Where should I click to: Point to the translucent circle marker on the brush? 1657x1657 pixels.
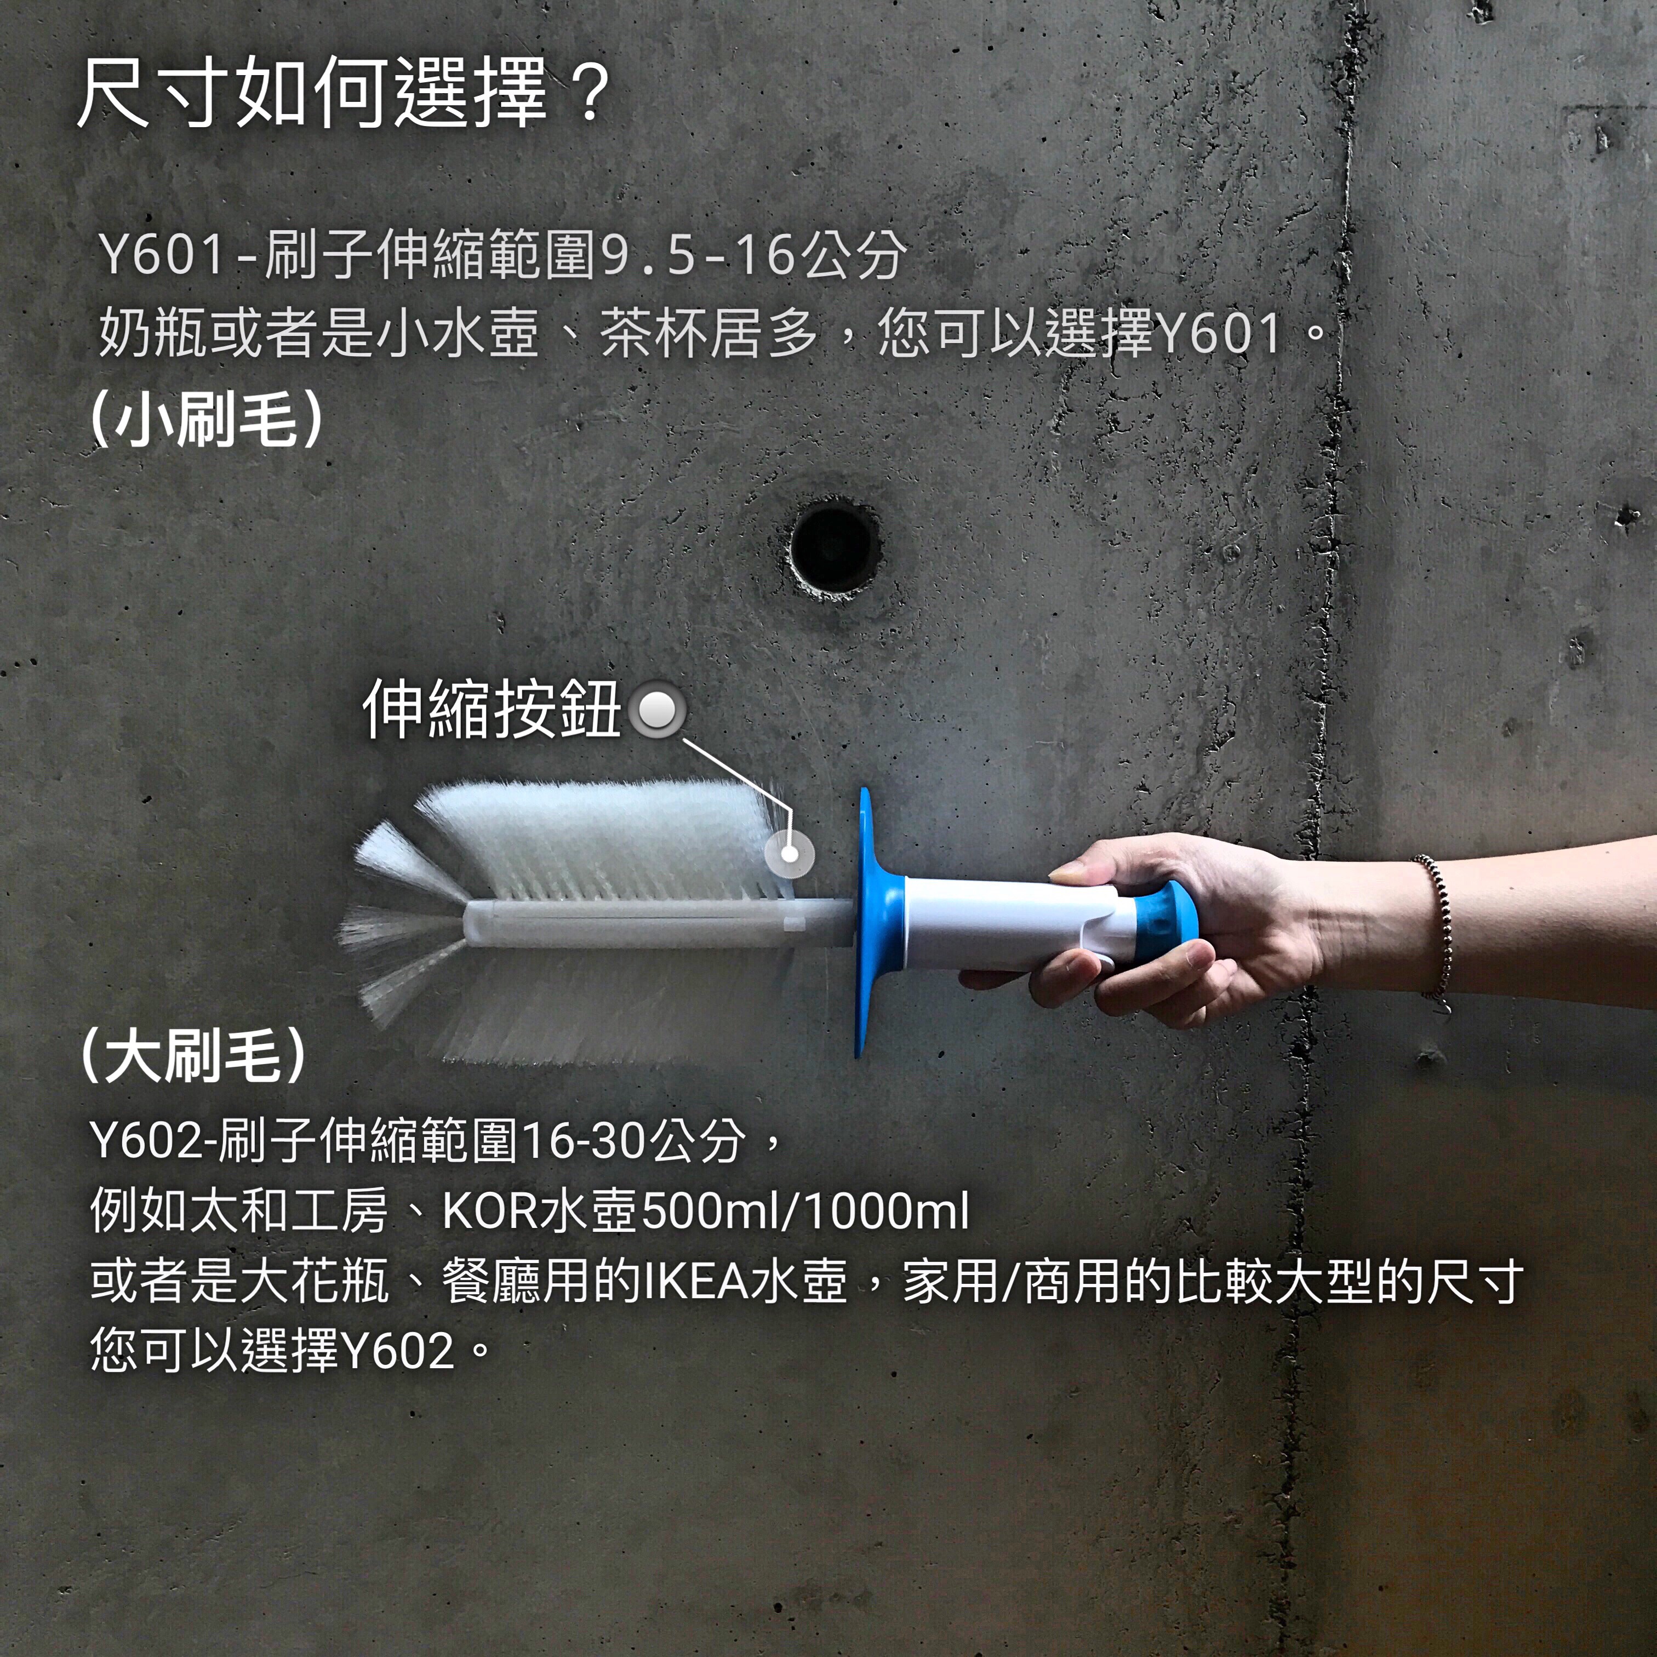click(789, 853)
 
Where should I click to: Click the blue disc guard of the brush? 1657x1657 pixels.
click(875, 922)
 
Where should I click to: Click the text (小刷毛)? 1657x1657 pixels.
click(207, 419)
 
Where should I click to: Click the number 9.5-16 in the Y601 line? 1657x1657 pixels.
click(700, 255)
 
